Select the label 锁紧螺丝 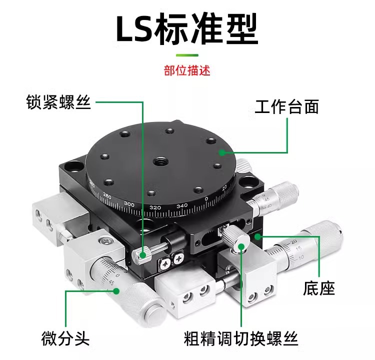point(58,102)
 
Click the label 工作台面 point(286,106)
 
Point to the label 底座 point(319,288)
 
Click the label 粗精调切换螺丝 point(241,338)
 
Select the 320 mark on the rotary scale point(155,207)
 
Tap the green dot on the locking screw point(143,255)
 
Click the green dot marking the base point(258,235)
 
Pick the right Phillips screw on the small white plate point(178,258)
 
